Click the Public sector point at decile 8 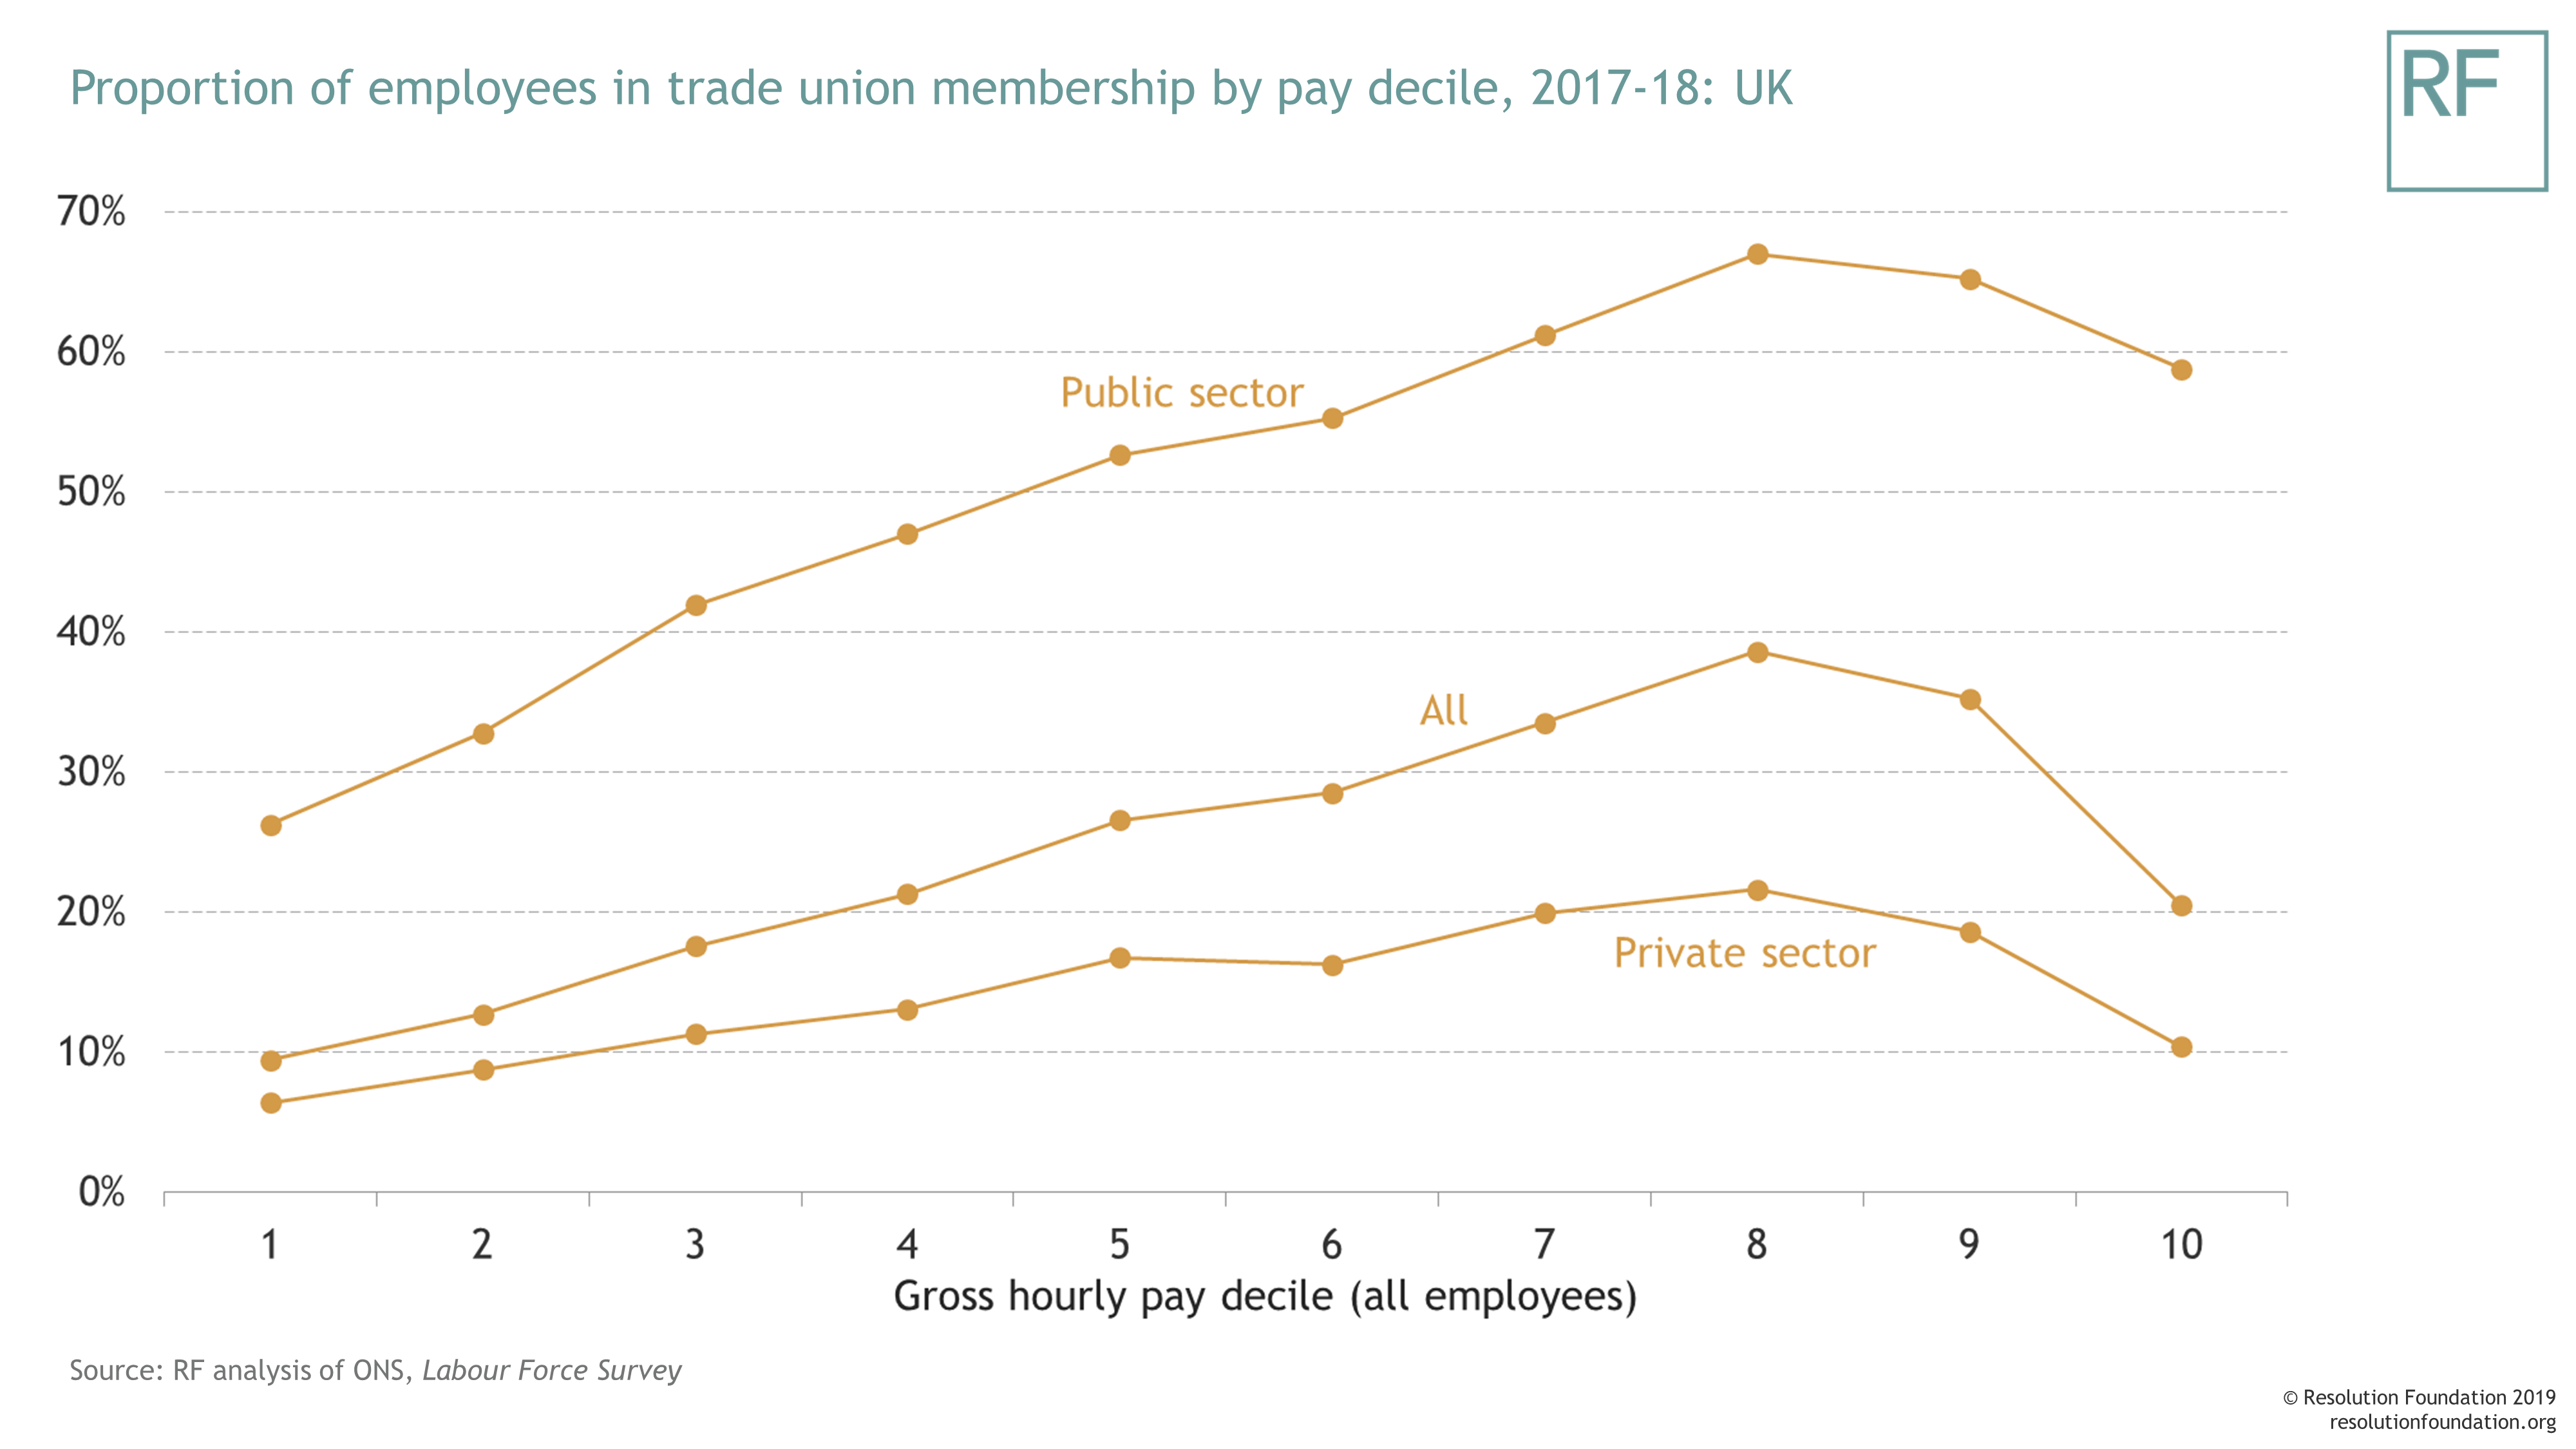click(x=1757, y=254)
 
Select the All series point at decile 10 click(x=2181, y=906)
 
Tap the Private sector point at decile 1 click(x=271, y=1103)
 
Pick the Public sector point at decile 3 click(x=696, y=605)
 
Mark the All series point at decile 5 click(x=1120, y=820)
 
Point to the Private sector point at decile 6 click(x=1332, y=965)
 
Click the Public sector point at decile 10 click(x=2181, y=370)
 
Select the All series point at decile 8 click(x=1757, y=652)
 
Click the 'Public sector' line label click(x=1181, y=393)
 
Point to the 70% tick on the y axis click(x=91, y=212)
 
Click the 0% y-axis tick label click(x=101, y=1192)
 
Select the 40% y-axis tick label click(x=91, y=632)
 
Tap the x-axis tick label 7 click(x=1544, y=1245)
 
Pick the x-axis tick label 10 click(x=2181, y=1245)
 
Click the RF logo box click(x=2466, y=110)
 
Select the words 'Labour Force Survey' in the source click(x=551, y=1370)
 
